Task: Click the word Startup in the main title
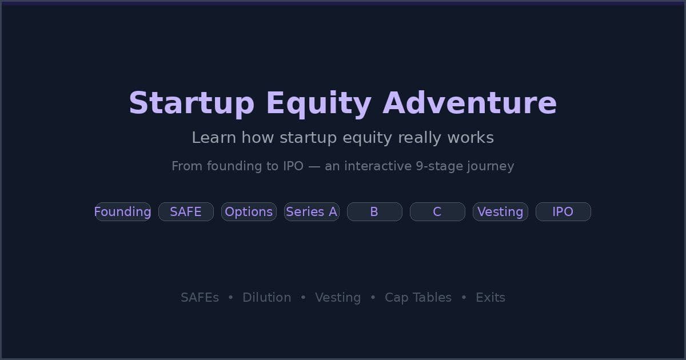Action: [x=191, y=103]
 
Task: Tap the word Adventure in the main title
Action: [x=469, y=103]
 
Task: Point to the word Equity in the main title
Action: [x=318, y=103]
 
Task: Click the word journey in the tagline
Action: [x=493, y=166]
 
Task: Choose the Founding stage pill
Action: [x=123, y=212]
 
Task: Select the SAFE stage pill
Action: [x=186, y=212]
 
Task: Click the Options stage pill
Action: [x=249, y=212]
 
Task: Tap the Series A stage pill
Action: [x=312, y=212]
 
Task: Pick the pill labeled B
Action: [x=374, y=212]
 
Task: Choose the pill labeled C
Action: [x=437, y=212]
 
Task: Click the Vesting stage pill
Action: [x=500, y=212]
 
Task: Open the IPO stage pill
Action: [x=563, y=212]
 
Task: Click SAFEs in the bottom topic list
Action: [x=200, y=298]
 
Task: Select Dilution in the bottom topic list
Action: [x=266, y=298]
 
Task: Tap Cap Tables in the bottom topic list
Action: [x=418, y=298]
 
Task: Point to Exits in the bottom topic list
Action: [x=490, y=298]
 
